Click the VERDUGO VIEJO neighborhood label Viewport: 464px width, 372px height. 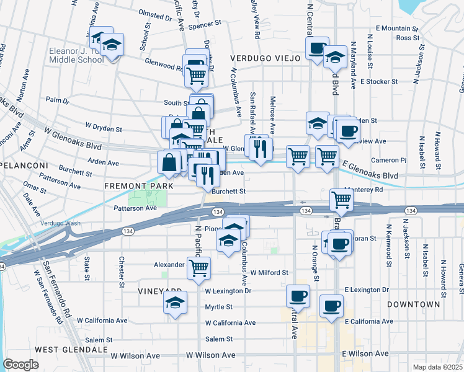(x=265, y=58)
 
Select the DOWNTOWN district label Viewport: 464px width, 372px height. (x=413, y=304)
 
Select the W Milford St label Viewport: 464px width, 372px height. (x=269, y=272)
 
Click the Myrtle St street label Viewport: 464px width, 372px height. (x=219, y=306)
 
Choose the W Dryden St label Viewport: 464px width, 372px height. (x=104, y=126)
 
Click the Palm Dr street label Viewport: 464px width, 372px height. (x=57, y=99)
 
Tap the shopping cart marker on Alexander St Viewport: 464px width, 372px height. (x=199, y=268)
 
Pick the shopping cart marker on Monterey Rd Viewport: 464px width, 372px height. (x=341, y=199)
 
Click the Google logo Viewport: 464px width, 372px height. (x=20, y=365)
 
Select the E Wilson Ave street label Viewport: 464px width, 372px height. (x=365, y=353)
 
